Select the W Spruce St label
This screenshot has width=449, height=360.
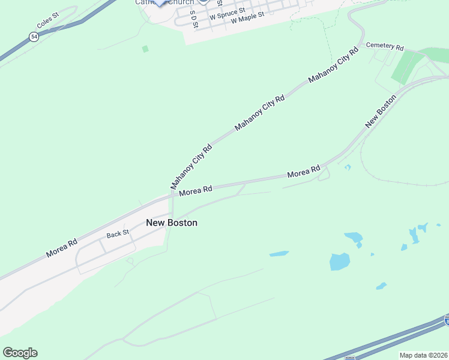(227, 11)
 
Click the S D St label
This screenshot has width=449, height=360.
(193, 19)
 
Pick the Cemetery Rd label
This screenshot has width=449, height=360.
(385, 46)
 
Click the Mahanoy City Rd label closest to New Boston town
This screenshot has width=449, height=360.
(191, 166)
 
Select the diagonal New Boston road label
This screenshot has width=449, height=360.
(381, 111)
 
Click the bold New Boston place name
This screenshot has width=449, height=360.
(172, 223)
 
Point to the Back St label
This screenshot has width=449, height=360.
(118, 234)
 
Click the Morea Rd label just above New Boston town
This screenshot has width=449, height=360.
(196, 190)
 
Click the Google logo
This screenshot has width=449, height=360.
(20, 353)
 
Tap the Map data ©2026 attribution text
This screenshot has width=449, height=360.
(423, 355)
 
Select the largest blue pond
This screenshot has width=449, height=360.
(339, 262)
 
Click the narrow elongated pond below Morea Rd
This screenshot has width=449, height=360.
(279, 254)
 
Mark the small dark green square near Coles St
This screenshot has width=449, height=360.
(145, 49)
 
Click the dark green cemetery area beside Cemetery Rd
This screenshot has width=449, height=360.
(406, 67)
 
